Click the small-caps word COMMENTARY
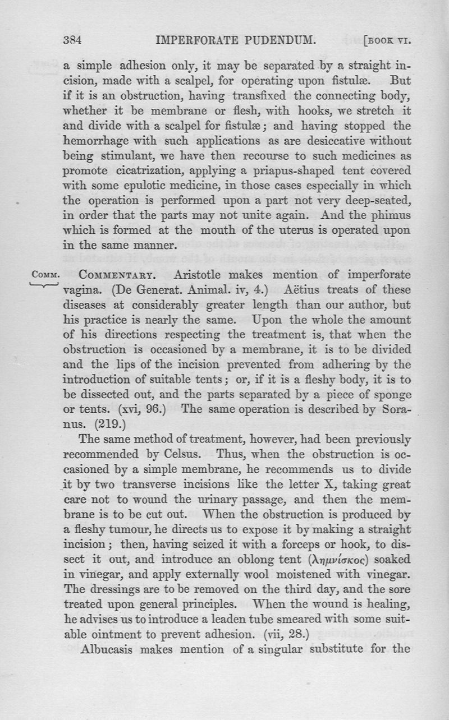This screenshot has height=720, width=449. pyautogui.click(x=122, y=275)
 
